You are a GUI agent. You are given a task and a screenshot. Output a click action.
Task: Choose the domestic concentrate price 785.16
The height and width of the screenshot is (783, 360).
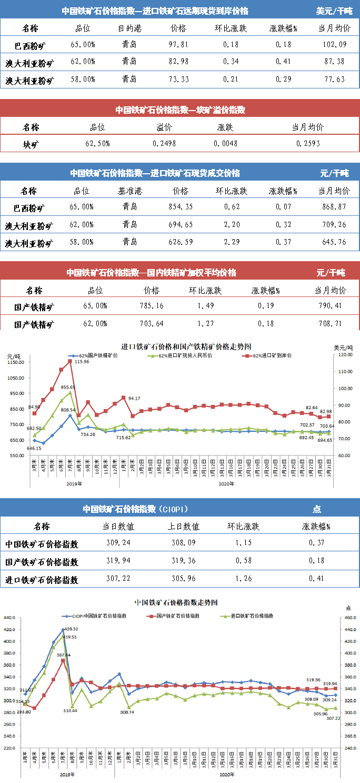pyautogui.click(x=151, y=306)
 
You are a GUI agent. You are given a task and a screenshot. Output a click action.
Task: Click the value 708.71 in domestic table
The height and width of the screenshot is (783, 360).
pyautogui.click(x=330, y=323)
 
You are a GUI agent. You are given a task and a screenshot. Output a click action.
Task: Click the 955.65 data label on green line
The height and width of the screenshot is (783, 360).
pyautogui.click(x=69, y=387)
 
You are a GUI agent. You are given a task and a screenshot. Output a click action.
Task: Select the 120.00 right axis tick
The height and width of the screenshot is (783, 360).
pyautogui.click(x=345, y=355)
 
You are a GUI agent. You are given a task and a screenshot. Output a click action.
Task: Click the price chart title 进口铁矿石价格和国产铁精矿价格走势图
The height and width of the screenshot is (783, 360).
pyautogui.click(x=186, y=346)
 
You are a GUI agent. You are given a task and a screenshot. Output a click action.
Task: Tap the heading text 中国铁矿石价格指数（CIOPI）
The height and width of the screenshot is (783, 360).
pyautogui.click(x=135, y=509)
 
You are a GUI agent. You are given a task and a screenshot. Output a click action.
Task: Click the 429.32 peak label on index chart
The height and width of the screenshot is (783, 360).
pyautogui.click(x=71, y=629)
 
